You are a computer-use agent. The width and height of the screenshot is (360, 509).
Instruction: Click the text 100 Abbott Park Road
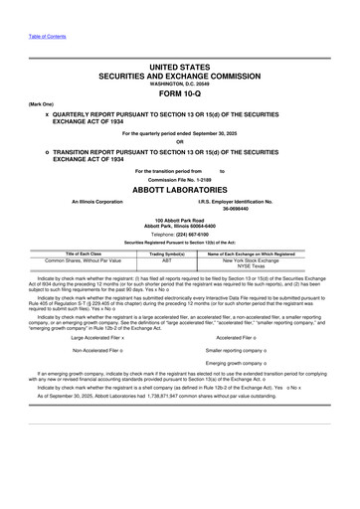pyautogui.click(x=180, y=219)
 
